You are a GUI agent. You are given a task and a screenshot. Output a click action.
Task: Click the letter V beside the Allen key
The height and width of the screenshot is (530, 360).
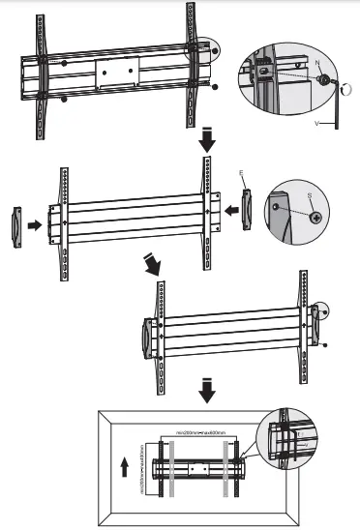[318, 125]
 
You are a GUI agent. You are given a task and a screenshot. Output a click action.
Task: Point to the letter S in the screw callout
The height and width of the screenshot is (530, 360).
[308, 196]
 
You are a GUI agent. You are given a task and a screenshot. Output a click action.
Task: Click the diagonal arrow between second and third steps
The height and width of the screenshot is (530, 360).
[152, 264]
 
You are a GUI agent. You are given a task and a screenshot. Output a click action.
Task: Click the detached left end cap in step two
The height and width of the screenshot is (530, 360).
[15, 227]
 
